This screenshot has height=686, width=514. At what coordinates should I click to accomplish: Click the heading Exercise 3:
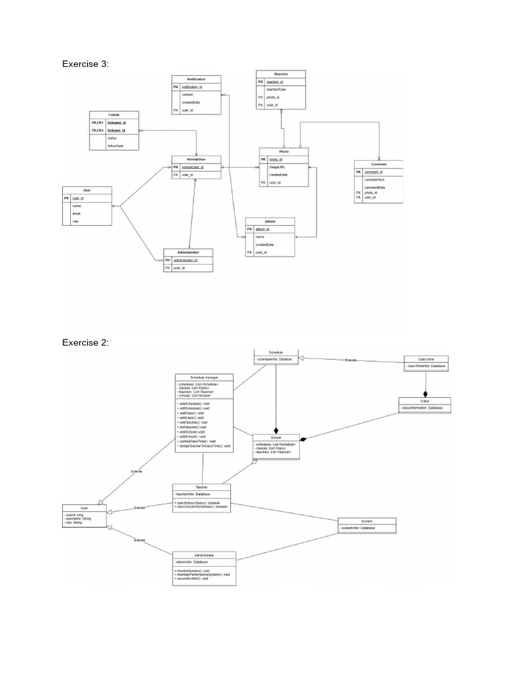[85, 64]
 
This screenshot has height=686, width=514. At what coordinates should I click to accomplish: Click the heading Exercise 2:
[85, 342]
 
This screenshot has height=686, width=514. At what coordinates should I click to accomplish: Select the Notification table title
[196, 79]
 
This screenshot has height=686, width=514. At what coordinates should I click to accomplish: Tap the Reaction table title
[280, 73]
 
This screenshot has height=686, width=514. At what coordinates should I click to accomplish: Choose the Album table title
[270, 220]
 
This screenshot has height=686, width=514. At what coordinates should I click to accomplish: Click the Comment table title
[379, 163]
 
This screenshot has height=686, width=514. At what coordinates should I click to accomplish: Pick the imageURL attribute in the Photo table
[278, 167]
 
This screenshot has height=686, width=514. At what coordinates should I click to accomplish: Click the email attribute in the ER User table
[77, 214]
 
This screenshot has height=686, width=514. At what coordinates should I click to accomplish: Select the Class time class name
[426, 358]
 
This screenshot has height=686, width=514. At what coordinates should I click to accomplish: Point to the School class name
[275, 436]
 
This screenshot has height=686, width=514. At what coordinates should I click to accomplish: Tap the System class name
[367, 521]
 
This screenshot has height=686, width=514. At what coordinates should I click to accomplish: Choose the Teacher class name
[201, 487]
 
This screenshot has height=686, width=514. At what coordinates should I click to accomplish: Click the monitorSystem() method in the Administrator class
[193, 570]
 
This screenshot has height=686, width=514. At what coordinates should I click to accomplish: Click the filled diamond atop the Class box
[425, 394]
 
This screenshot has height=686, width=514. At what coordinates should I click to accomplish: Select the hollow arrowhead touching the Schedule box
[301, 360]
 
